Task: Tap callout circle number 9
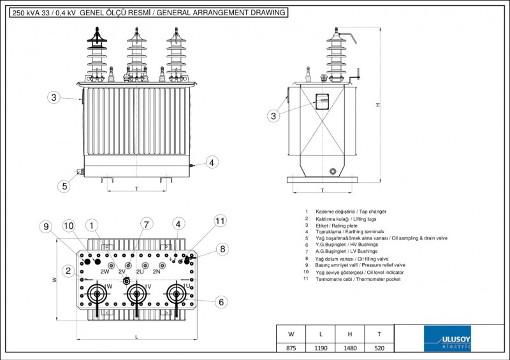coord(44,226)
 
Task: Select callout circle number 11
coord(220,221)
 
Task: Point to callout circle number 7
coord(147,224)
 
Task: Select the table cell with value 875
coord(291,348)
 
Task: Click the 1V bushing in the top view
coord(135,294)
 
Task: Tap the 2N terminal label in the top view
coord(156,272)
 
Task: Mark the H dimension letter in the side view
coord(378,105)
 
